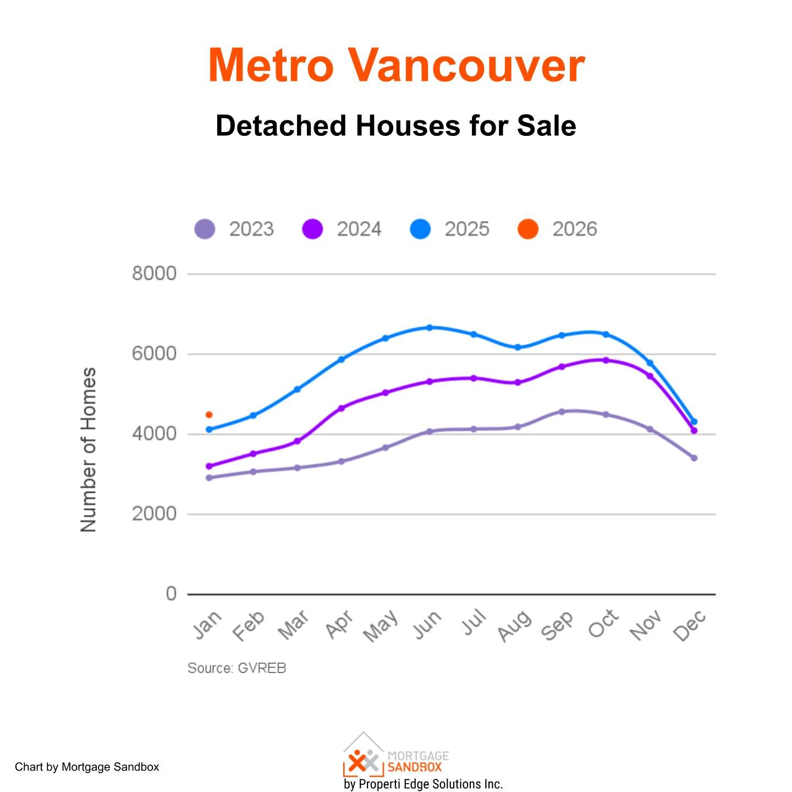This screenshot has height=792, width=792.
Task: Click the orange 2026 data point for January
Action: pyautogui.click(x=209, y=415)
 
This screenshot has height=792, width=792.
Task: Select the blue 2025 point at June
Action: pyautogui.click(x=430, y=327)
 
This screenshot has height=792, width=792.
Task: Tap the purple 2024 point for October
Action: pyautogui.click(x=606, y=360)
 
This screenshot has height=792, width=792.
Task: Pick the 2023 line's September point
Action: pyautogui.click(x=562, y=411)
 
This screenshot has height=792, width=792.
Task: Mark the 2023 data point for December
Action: pyautogui.click(x=694, y=458)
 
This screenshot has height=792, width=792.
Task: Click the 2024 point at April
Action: pyautogui.click(x=341, y=408)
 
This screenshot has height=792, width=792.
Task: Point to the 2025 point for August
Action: pyautogui.click(x=518, y=347)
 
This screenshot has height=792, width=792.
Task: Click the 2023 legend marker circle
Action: pyautogui.click(x=205, y=229)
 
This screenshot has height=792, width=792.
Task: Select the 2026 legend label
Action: pyautogui.click(x=574, y=229)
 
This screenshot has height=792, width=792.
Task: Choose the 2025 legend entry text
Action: pyautogui.click(x=466, y=229)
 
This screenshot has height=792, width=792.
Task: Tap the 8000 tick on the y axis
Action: pyautogui.click(x=154, y=273)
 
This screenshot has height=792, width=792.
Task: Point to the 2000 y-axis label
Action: pyautogui.click(x=154, y=514)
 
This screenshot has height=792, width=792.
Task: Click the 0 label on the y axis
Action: pyautogui.click(x=171, y=594)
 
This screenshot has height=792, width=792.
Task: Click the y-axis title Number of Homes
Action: pyautogui.click(x=89, y=449)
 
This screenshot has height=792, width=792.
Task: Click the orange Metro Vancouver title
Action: pyautogui.click(x=396, y=65)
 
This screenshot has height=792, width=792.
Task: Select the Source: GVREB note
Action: pyautogui.click(x=237, y=668)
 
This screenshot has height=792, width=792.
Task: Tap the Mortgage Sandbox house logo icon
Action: pyautogui.click(x=363, y=755)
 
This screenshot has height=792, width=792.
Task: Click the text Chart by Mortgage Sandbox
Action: pyautogui.click(x=87, y=767)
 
